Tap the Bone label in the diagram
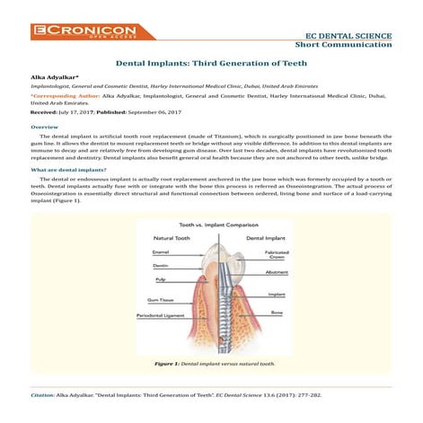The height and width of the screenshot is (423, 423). pyautogui.click(x=277, y=312)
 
